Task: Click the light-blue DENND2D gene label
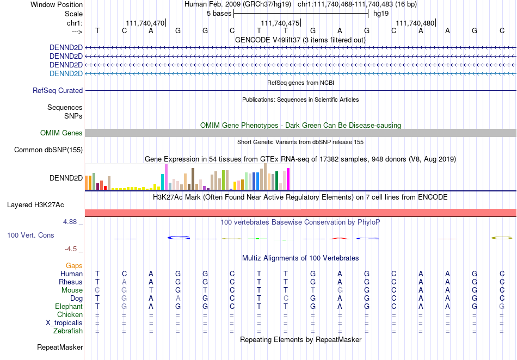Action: click(x=66, y=73)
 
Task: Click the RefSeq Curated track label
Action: click(x=58, y=91)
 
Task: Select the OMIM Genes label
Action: click(x=61, y=133)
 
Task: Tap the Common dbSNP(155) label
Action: click(x=48, y=150)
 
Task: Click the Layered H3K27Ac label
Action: click(x=35, y=205)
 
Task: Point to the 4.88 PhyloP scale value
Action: click(x=70, y=222)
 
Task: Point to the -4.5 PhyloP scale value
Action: click(x=71, y=249)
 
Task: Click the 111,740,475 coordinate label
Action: click(x=280, y=23)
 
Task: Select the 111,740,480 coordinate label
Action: click(x=415, y=23)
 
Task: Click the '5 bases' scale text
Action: click(x=219, y=14)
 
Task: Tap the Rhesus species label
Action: click(x=71, y=282)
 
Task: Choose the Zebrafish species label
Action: click(x=68, y=331)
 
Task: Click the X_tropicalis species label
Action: click(x=64, y=323)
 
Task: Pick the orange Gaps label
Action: click(x=74, y=265)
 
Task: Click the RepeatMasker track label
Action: click(x=60, y=347)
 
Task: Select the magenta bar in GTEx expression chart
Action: click(x=288, y=179)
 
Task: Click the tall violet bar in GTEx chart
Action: click(x=166, y=177)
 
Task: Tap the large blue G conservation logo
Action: click(x=179, y=238)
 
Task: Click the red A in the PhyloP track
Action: click(x=340, y=238)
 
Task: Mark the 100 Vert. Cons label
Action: click(x=30, y=235)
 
